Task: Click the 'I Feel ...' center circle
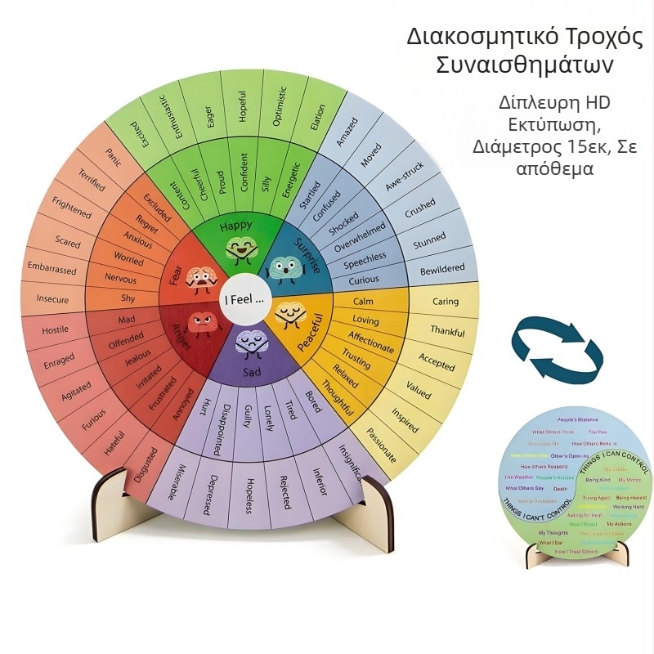244,299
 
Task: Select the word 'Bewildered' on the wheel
441,269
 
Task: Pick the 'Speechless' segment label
365,260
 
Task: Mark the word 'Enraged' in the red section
60,360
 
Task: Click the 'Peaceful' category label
310,333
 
